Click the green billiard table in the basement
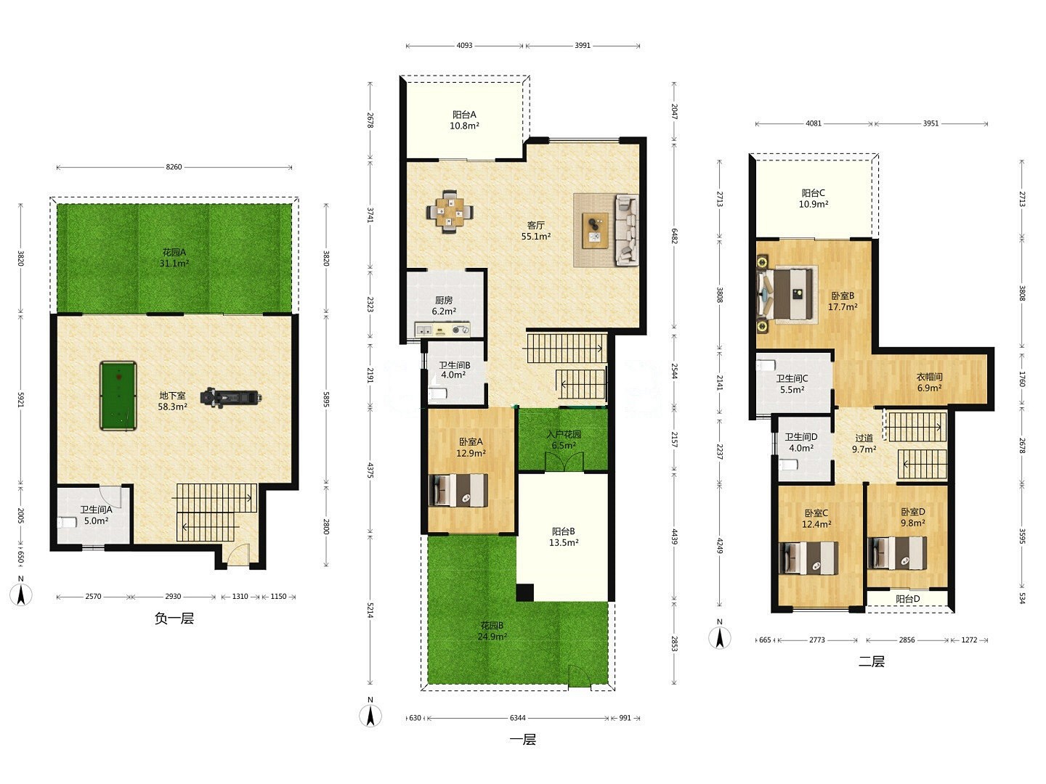118,396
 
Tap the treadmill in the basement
230,398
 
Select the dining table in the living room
450,212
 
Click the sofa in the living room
627,229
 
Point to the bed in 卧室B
785,294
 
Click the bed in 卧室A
458,490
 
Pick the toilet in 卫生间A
68,523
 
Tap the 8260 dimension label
174,167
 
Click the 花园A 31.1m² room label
174,258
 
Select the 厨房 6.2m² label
444,306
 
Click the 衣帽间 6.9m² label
929,383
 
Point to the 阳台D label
907,599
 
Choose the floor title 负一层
174,618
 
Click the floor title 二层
872,661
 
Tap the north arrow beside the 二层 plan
720,637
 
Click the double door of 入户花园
564,461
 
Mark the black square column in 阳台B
525,592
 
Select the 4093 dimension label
464,46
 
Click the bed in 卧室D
897,553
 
